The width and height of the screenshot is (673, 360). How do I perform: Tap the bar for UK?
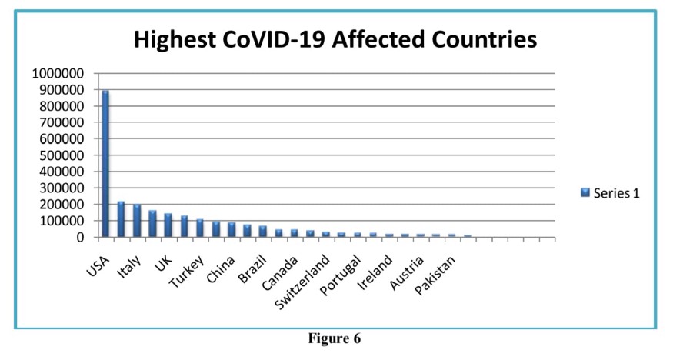[168, 225]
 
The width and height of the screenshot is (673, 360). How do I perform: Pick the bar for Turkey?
[200, 228]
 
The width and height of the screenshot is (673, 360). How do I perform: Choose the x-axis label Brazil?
[253, 260]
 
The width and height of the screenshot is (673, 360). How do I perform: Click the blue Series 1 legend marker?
[585, 192]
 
